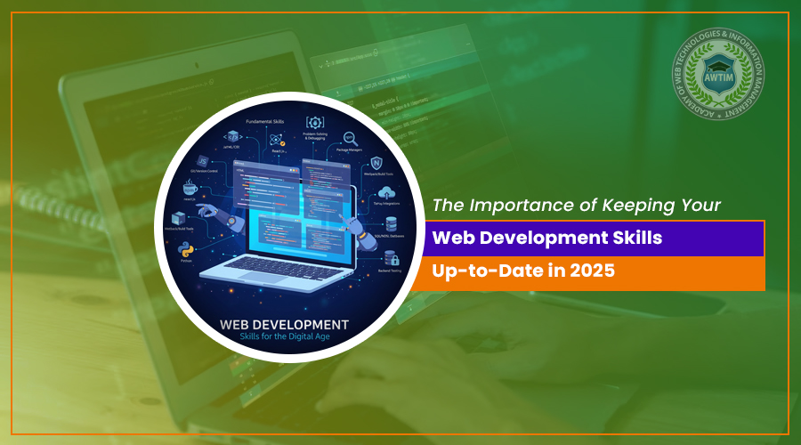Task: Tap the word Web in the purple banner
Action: pos(451,239)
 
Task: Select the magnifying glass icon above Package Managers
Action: pos(350,139)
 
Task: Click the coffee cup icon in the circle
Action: pos(189,188)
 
